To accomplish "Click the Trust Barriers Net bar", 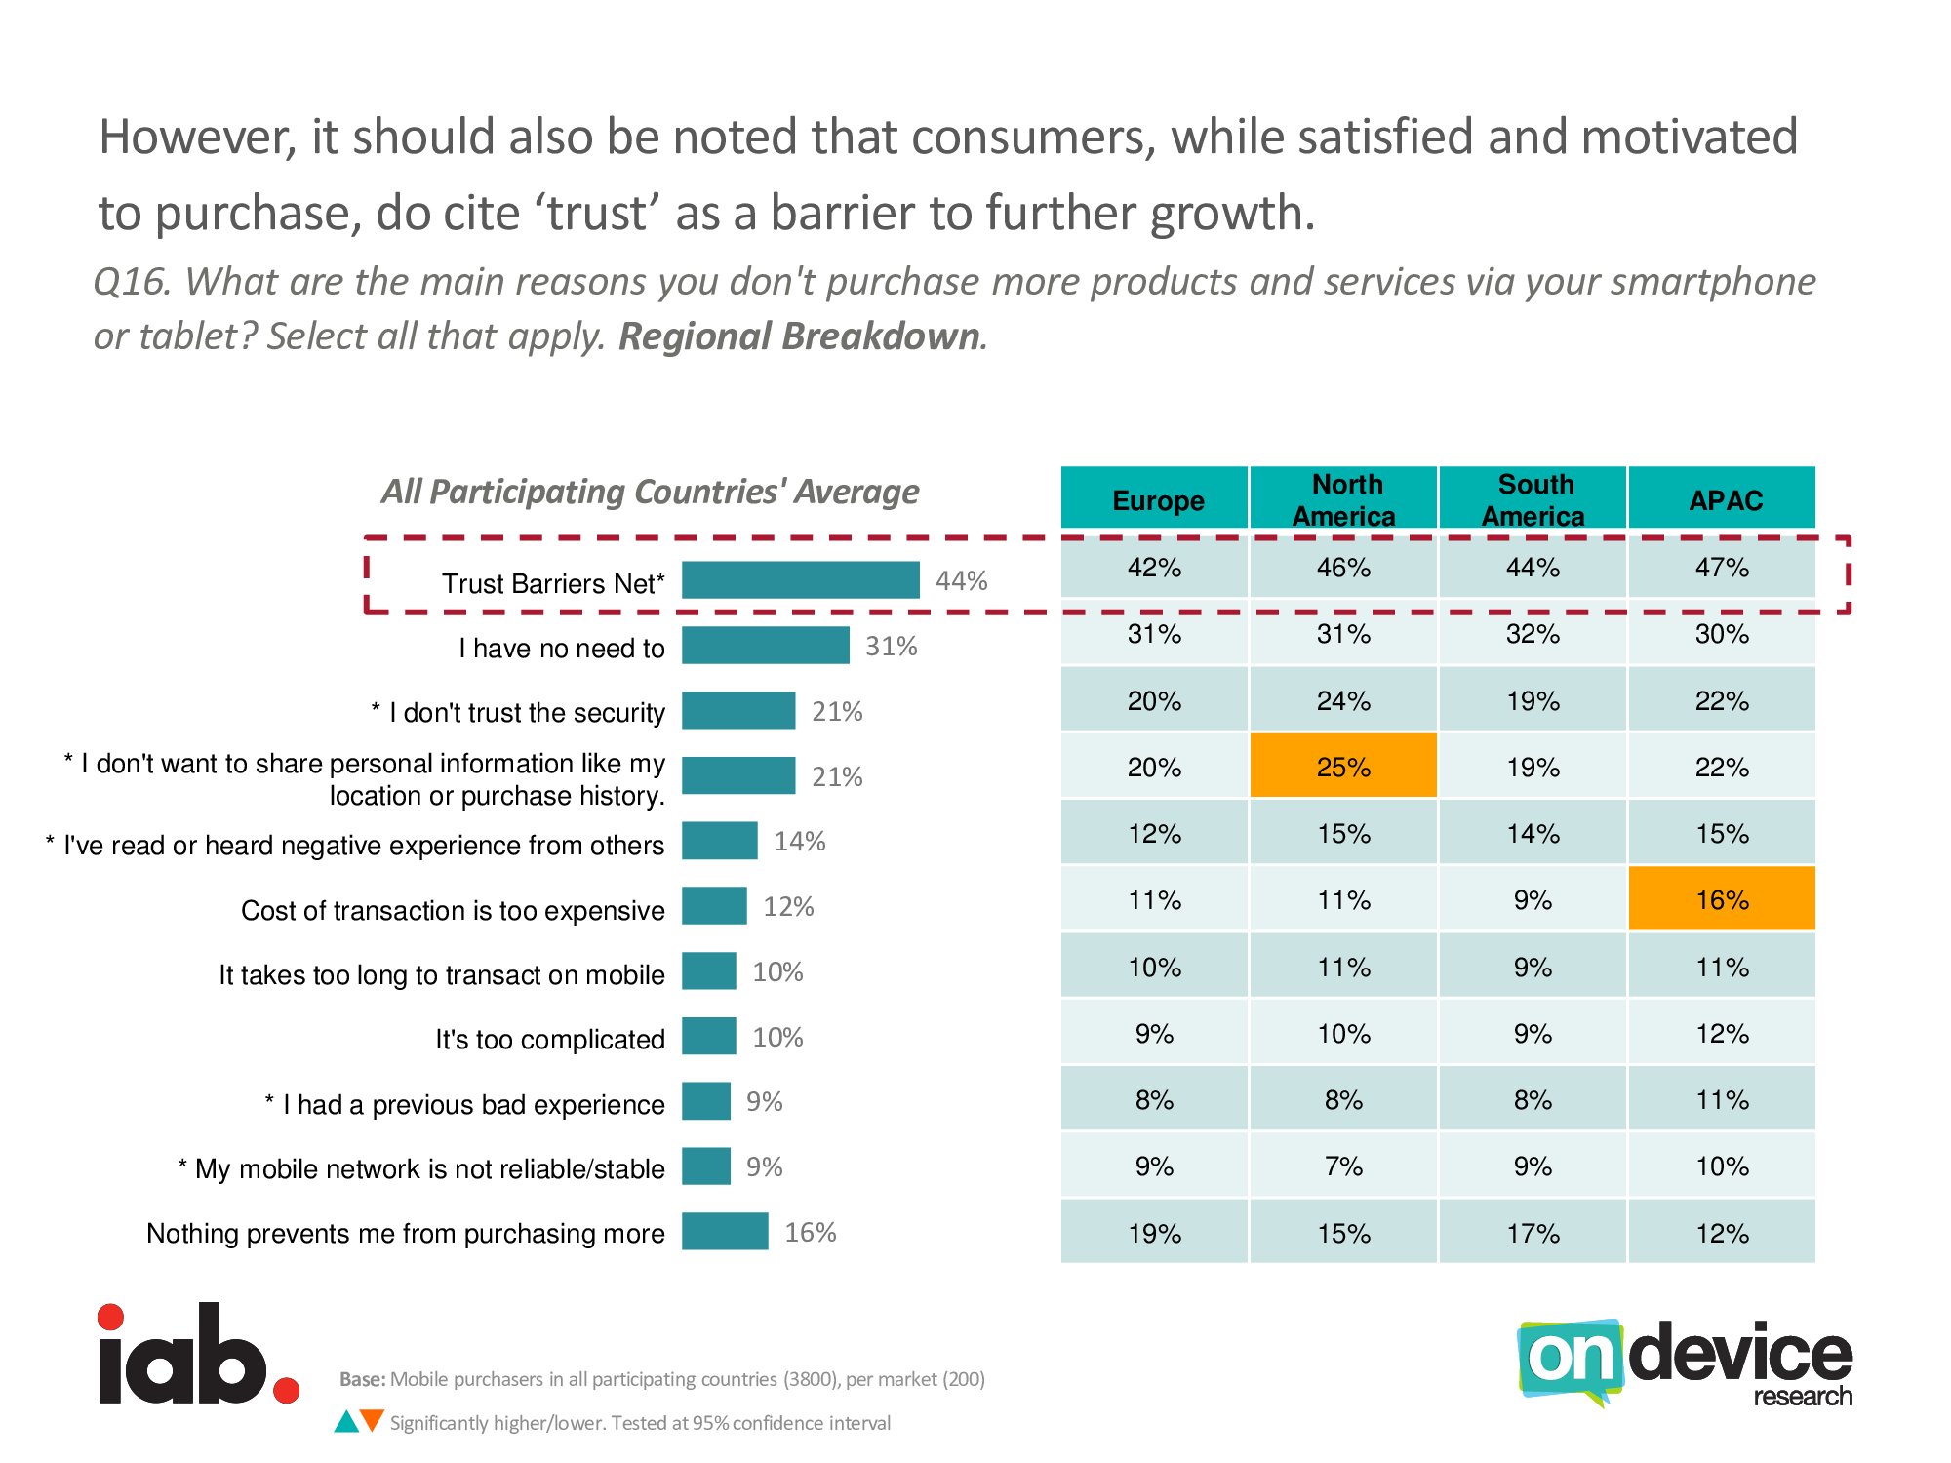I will pyautogui.click(x=800, y=580).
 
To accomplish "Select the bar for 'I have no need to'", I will pyautogui.click(x=765, y=646).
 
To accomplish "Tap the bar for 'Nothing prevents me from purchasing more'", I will pyautogui.click(x=725, y=1231).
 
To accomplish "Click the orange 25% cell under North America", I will pyautogui.click(x=1343, y=767).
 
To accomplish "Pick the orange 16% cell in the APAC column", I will pyautogui.click(x=1722, y=899).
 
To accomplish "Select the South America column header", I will pyautogui.click(x=1533, y=499).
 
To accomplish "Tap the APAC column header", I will pyautogui.click(x=1724, y=499).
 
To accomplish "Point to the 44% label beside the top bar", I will pyautogui.click(x=961, y=581).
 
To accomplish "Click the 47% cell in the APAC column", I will pyautogui.click(x=1722, y=568).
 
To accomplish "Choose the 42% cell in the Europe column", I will pyautogui.click(x=1154, y=568).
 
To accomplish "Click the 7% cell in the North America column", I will pyautogui.click(x=1343, y=1166).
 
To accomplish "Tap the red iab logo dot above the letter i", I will pyautogui.click(x=111, y=1318).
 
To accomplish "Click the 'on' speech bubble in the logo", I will pyautogui.click(x=1569, y=1358).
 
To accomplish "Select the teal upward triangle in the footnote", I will pyautogui.click(x=346, y=1423).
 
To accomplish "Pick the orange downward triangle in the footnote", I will pyautogui.click(x=372, y=1419).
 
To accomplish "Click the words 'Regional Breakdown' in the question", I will pyautogui.click(x=799, y=336).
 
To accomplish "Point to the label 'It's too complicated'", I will pyautogui.click(x=550, y=1040).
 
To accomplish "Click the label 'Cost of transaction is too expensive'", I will pyautogui.click(x=453, y=911).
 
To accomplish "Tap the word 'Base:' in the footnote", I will pyautogui.click(x=362, y=1379).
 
